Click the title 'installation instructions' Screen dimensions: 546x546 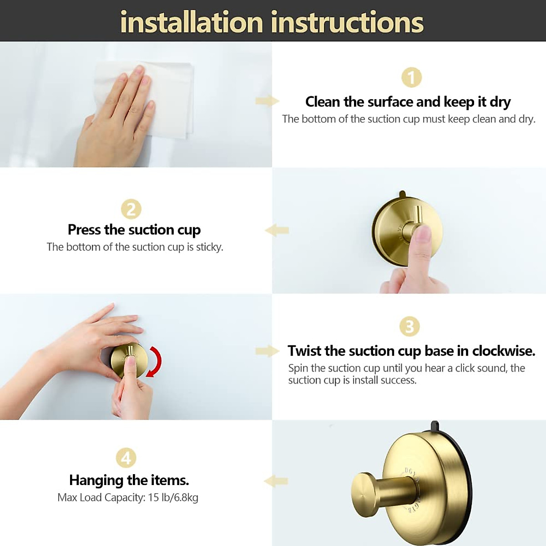click(272, 22)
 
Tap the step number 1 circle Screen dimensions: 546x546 click(411, 78)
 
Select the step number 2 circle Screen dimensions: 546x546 click(131, 209)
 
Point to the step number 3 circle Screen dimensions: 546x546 click(409, 326)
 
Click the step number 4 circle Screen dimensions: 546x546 click(126, 457)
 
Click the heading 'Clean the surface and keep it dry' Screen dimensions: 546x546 click(408, 101)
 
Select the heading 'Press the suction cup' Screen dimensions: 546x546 click(134, 230)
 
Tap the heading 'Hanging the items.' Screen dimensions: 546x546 click(129, 480)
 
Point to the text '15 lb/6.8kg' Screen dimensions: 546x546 click(173, 498)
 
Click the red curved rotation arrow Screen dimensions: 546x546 click(155, 361)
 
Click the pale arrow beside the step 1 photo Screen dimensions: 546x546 click(267, 101)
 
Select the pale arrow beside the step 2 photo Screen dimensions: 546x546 click(277, 230)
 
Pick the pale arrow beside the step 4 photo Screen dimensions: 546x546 click(276, 481)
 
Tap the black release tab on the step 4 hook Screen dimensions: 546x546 click(435, 426)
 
